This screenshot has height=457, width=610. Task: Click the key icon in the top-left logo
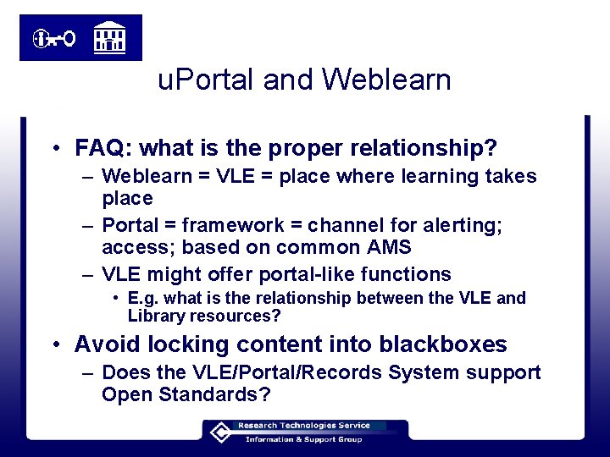[55, 38]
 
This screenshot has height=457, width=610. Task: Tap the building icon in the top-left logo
[109, 36]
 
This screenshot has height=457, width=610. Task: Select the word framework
[230, 226]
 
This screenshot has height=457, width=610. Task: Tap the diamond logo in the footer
[219, 432]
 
